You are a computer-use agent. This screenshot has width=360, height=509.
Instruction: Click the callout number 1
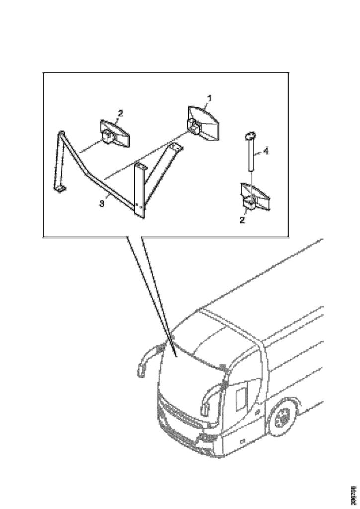click(x=210, y=98)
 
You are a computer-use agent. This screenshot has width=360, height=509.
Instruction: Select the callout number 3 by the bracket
click(x=102, y=204)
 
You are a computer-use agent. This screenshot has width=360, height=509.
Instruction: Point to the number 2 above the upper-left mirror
click(x=120, y=114)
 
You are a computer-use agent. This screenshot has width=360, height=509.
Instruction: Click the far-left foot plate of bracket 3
click(x=59, y=188)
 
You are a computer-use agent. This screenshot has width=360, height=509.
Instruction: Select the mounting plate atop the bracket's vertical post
click(x=140, y=166)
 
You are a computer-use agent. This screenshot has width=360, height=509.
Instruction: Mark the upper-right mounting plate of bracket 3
click(x=176, y=147)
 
